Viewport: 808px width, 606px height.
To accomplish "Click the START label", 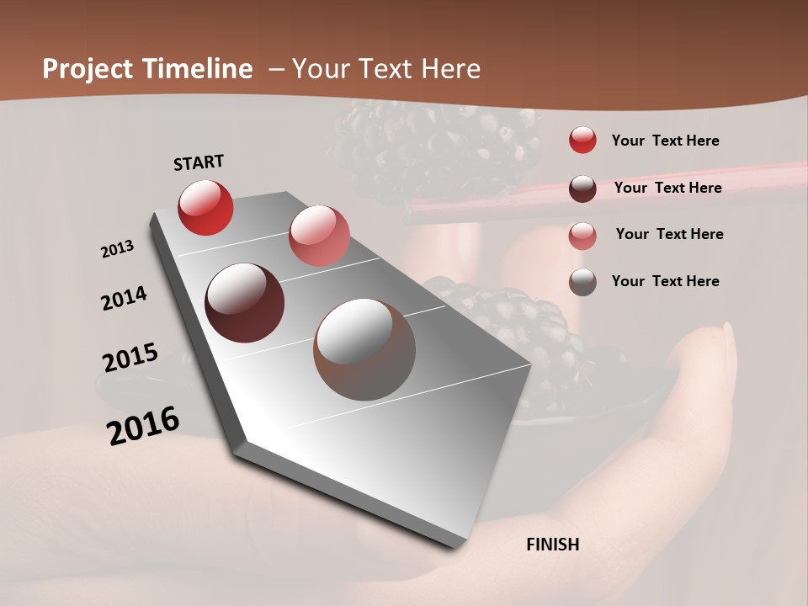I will point(199,162).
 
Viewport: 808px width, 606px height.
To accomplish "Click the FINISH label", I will point(552,545).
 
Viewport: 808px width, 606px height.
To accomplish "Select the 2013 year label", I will point(117,249).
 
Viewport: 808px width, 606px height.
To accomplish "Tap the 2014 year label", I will point(124,299).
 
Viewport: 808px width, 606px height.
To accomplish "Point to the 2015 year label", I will point(130,358).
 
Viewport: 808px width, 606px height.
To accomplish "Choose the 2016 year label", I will point(143,425).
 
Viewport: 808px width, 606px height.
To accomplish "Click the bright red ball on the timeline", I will point(205,207).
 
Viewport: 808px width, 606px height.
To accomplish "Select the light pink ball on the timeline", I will point(319,236).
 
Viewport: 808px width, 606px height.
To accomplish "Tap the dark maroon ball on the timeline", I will point(245,303).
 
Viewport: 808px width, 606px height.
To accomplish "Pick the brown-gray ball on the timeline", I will point(364,349).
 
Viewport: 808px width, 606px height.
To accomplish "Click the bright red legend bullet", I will point(582,141).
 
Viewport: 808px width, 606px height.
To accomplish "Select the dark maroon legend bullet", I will point(582,189).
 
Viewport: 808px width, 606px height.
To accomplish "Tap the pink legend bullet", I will point(582,236).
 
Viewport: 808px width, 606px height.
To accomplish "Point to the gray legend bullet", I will point(582,282).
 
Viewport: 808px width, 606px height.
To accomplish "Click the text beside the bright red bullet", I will point(665,141).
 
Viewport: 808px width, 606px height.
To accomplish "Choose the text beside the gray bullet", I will point(665,281).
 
